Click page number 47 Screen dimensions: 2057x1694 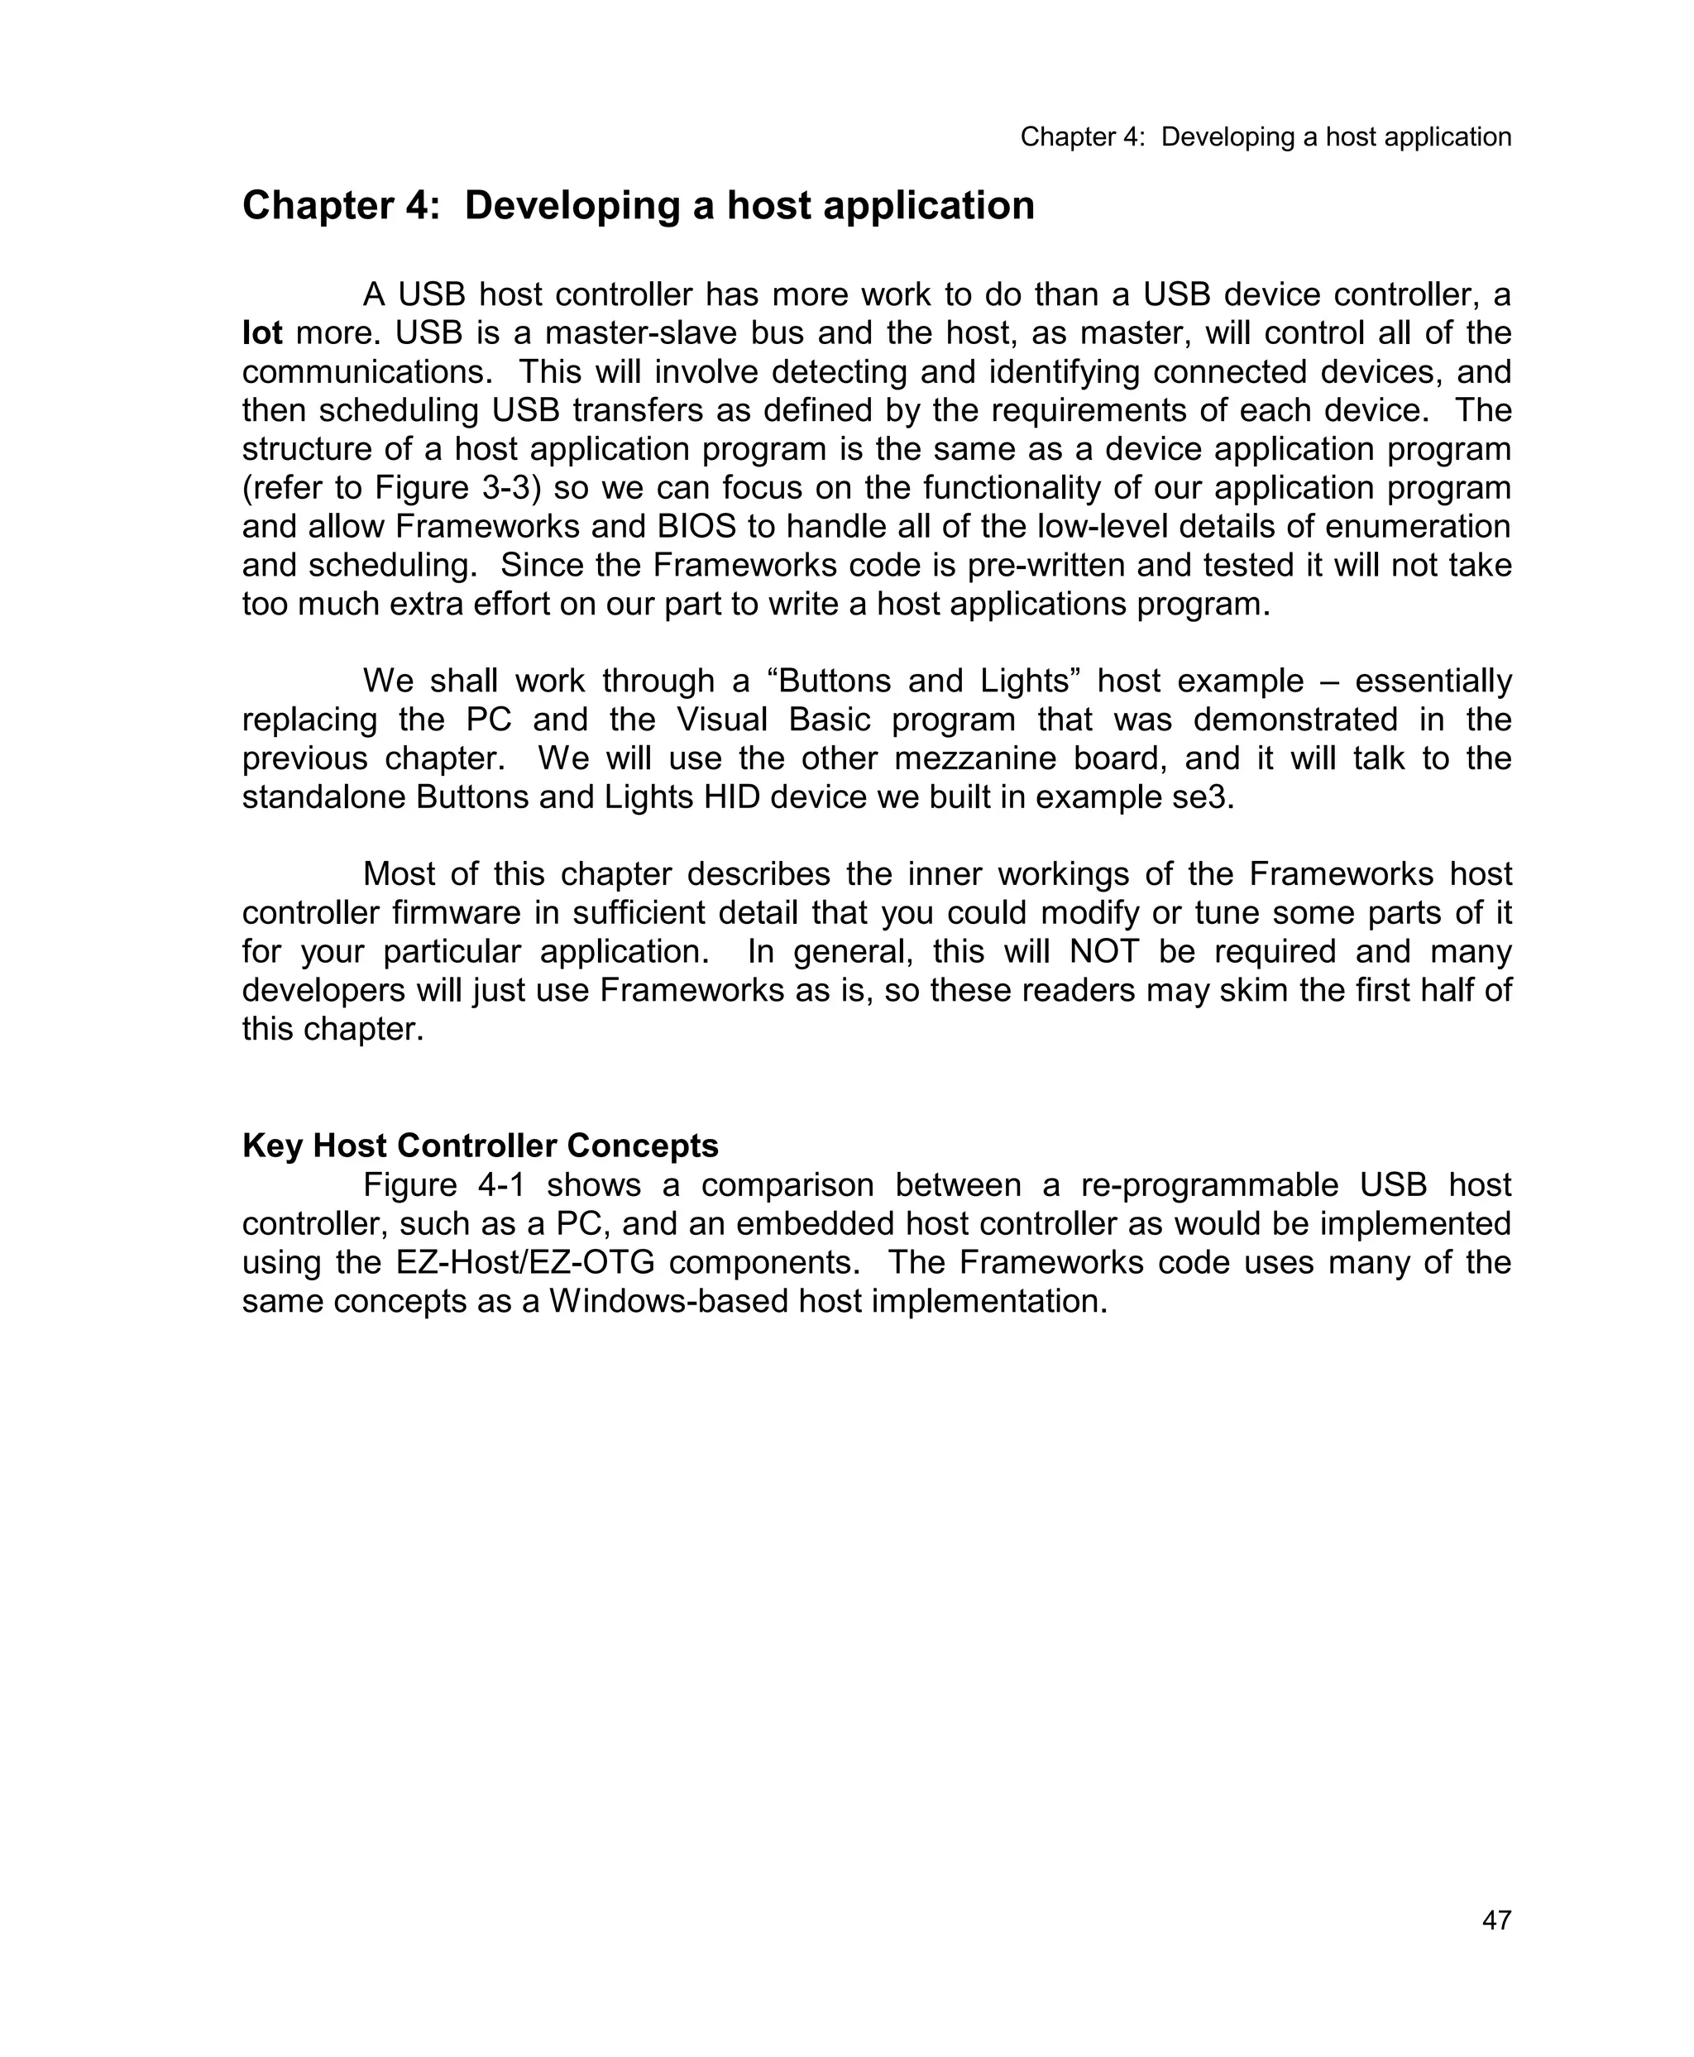1496,1921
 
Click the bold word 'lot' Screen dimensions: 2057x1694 261,333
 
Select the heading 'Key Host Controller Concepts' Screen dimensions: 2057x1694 480,1146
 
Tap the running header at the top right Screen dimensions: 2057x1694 1266,137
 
